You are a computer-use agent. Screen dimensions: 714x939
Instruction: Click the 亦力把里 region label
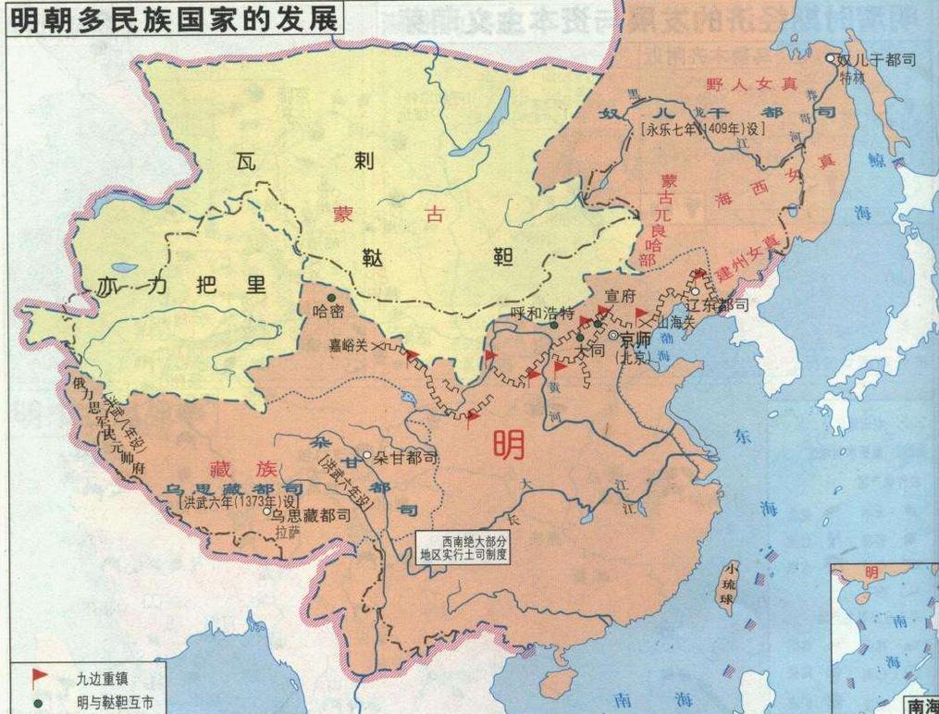point(180,286)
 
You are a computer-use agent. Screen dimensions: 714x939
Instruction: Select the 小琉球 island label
point(732,586)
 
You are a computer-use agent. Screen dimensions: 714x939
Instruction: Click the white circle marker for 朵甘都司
point(367,456)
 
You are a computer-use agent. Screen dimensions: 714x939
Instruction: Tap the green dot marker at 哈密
point(330,298)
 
